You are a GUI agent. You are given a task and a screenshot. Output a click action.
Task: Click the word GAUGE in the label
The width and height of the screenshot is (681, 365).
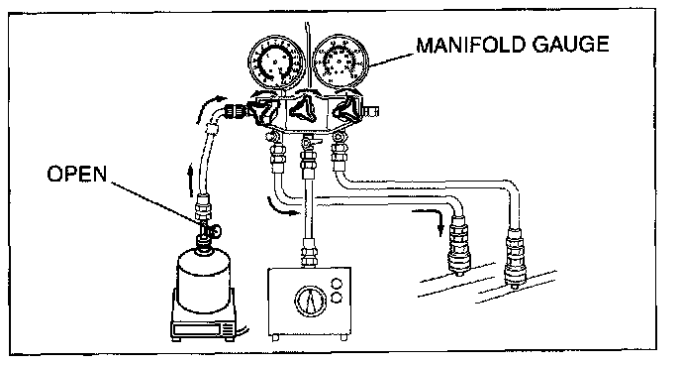pos(570,45)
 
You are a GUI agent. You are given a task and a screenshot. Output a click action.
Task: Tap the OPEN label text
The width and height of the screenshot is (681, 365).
pos(76,174)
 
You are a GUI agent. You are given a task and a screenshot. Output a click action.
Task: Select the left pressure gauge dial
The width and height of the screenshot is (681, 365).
pos(276,62)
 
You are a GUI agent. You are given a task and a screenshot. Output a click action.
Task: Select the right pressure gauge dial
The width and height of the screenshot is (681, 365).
pos(340,62)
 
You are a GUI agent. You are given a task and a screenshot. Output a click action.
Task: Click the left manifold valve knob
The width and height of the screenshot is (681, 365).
pos(262,112)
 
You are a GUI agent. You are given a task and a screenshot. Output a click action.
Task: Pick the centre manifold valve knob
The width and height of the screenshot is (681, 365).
pos(302,108)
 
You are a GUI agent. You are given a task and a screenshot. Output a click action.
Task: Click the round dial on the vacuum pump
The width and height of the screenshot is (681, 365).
pos(310,301)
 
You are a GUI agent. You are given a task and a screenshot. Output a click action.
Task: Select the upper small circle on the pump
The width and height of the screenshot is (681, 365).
pos(336,284)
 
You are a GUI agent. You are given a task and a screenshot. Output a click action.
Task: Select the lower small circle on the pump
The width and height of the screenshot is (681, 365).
pos(336,298)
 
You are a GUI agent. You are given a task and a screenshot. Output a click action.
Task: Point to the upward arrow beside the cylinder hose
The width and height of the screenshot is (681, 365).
pos(190,180)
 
